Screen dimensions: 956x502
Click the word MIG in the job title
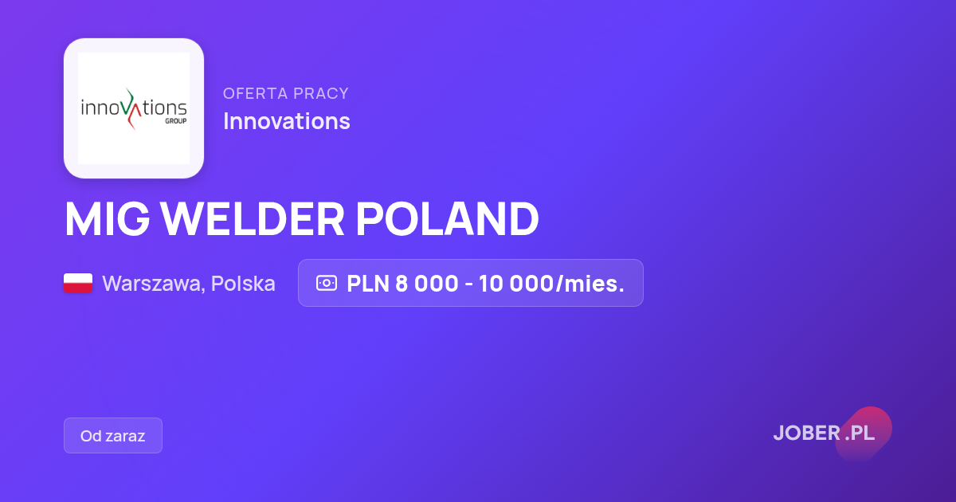tap(107, 218)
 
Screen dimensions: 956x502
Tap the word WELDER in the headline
tap(253, 218)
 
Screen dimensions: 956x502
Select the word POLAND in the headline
tap(447, 218)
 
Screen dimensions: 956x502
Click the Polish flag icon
tap(78, 283)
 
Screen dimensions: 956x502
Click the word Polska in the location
tap(243, 284)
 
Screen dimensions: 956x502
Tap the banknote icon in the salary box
tap(327, 283)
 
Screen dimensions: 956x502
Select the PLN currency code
tap(368, 284)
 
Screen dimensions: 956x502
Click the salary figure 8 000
tap(427, 284)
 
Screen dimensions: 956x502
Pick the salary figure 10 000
tap(516, 284)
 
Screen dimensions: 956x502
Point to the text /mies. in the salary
tap(590, 284)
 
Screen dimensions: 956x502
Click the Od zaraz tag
tap(113, 435)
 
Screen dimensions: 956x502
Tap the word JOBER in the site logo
tap(807, 433)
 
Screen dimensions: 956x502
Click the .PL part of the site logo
tap(860, 433)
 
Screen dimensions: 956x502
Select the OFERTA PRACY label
tap(286, 93)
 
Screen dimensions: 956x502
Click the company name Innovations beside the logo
tap(287, 121)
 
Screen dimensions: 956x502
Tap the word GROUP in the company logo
tap(176, 121)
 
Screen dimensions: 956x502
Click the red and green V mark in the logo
tap(133, 109)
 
